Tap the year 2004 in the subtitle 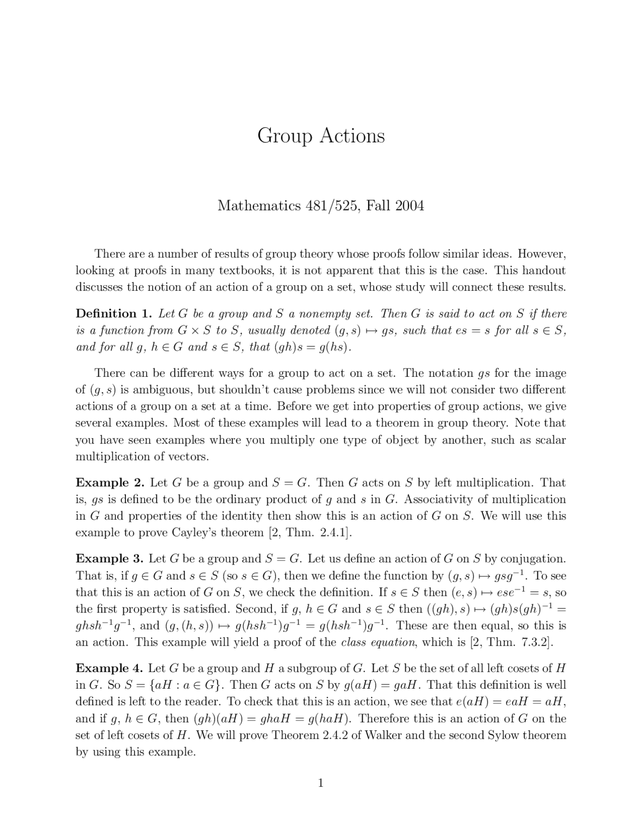pyautogui.click(x=409, y=206)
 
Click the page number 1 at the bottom pyautogui.click(x=320, y=783)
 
